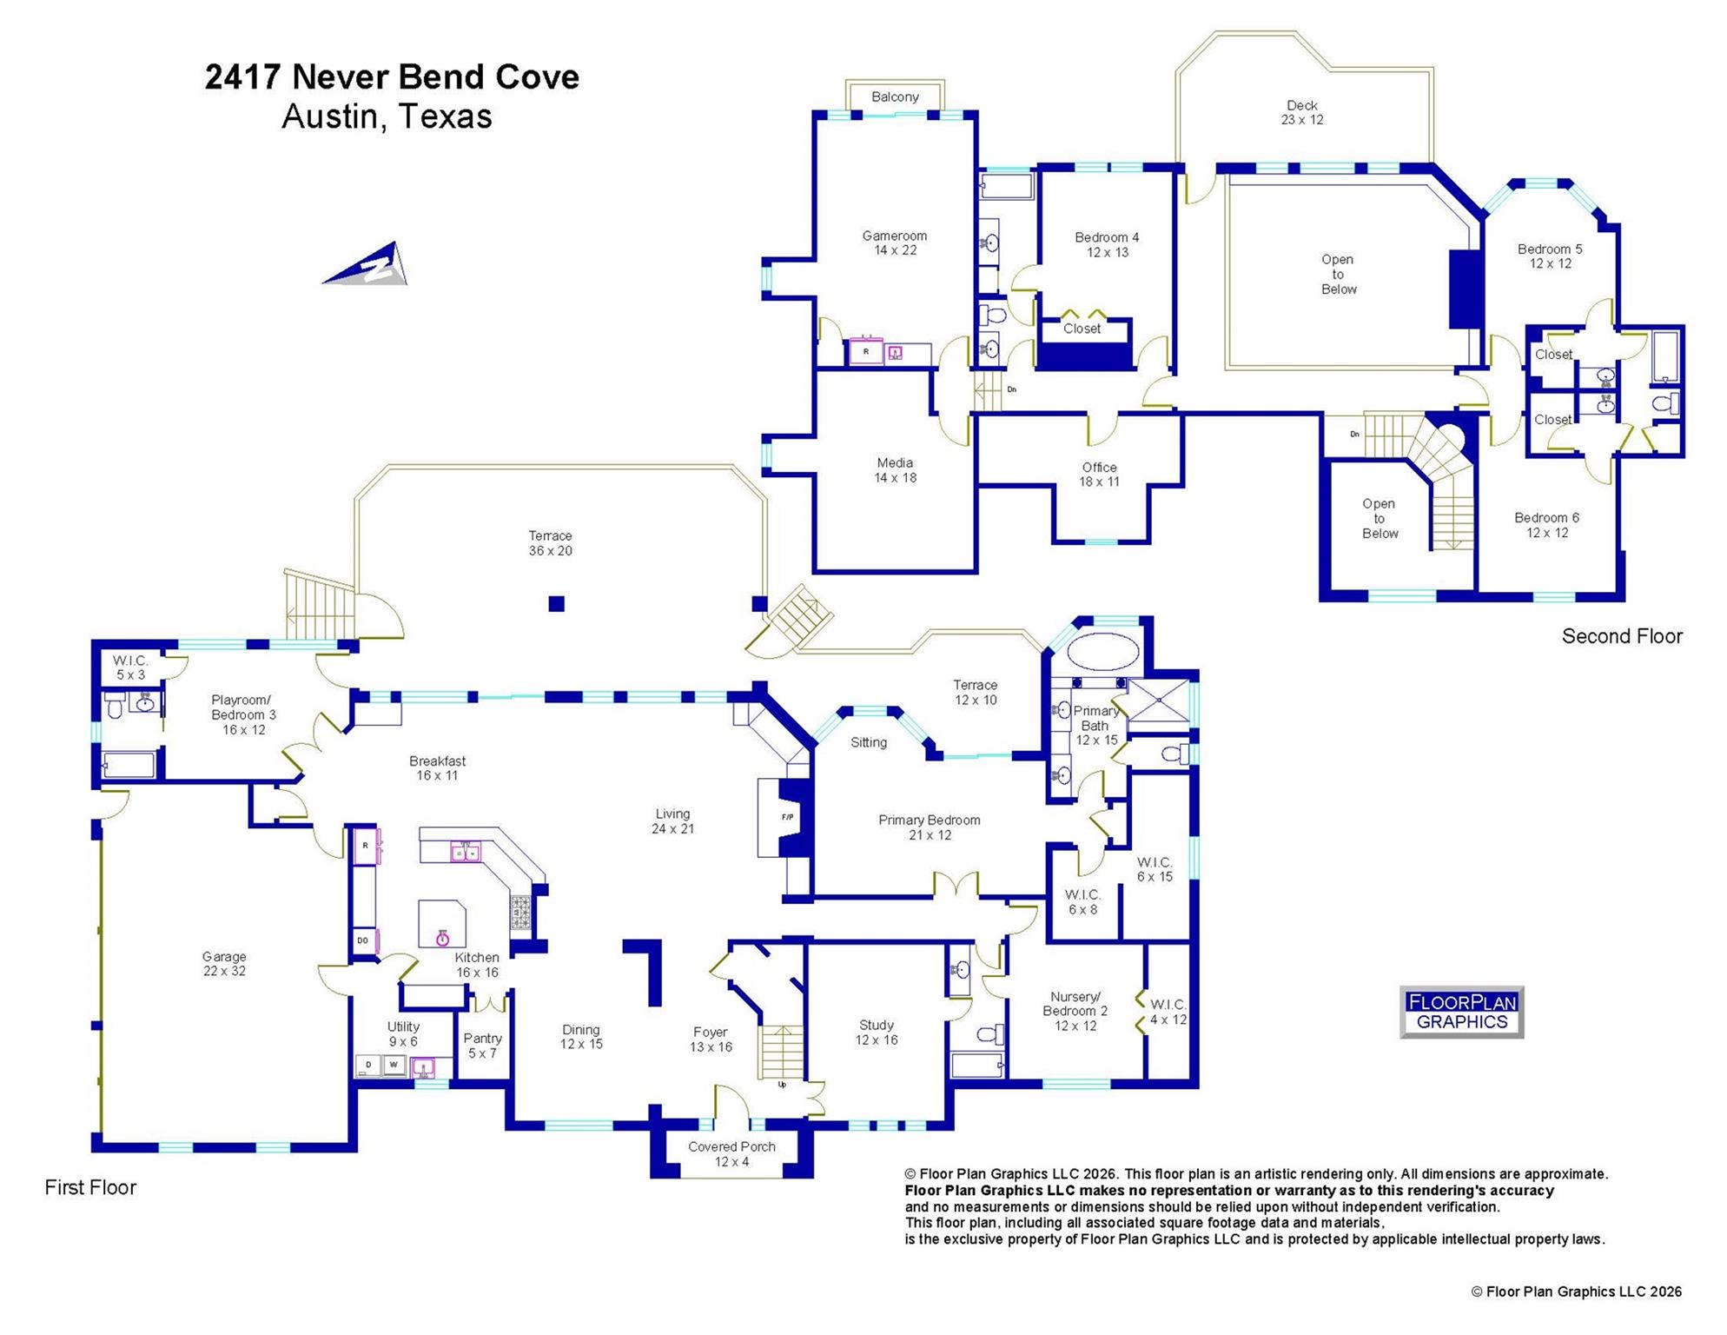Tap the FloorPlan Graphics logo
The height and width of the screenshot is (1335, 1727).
[1462, 1013]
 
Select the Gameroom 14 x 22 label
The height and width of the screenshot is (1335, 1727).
[895, 243]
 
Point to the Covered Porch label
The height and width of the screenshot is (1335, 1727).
[731, 1154]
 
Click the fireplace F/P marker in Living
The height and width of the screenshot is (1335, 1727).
[787, 817]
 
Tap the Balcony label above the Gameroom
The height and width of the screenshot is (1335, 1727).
[895, 96]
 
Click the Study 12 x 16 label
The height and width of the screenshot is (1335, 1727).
[877, 1033]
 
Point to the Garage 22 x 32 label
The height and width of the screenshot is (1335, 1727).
[224, 964]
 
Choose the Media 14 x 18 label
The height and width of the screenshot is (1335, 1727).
[895, 470]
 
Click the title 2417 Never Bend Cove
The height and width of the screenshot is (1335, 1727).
[392, 76]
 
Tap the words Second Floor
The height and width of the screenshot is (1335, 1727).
[1622, 636]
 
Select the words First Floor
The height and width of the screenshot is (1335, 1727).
[90, 1187]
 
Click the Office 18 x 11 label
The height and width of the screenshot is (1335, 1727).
[1099, 475]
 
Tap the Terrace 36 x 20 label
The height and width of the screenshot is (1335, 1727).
[551, 543]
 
